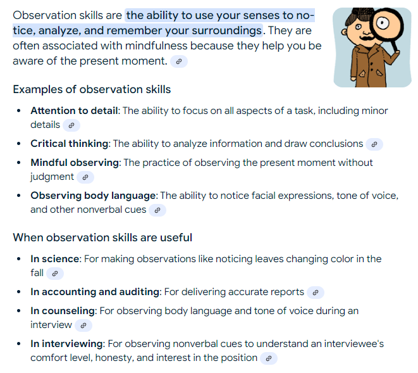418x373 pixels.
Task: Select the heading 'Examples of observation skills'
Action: point(92,89)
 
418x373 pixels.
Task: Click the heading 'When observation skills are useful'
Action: point(102,237)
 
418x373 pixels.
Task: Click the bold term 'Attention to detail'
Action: point(74,111)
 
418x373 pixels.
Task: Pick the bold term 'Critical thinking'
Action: point(70,144)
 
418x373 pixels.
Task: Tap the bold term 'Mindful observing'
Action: point(75,163)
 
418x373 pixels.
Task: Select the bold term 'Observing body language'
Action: point(93,196)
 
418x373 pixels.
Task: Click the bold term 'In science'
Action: point(55,259)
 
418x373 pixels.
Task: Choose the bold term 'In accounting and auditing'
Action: point(96,292)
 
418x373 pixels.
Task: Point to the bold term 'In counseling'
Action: point(63,311)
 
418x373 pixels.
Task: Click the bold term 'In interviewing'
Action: point(66,344)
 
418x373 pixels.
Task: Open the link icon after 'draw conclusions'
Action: point(374,144)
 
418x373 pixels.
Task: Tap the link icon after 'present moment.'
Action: point(179,61)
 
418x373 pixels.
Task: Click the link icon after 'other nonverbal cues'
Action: point(157,210)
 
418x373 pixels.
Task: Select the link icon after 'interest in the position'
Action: point(269,358)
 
